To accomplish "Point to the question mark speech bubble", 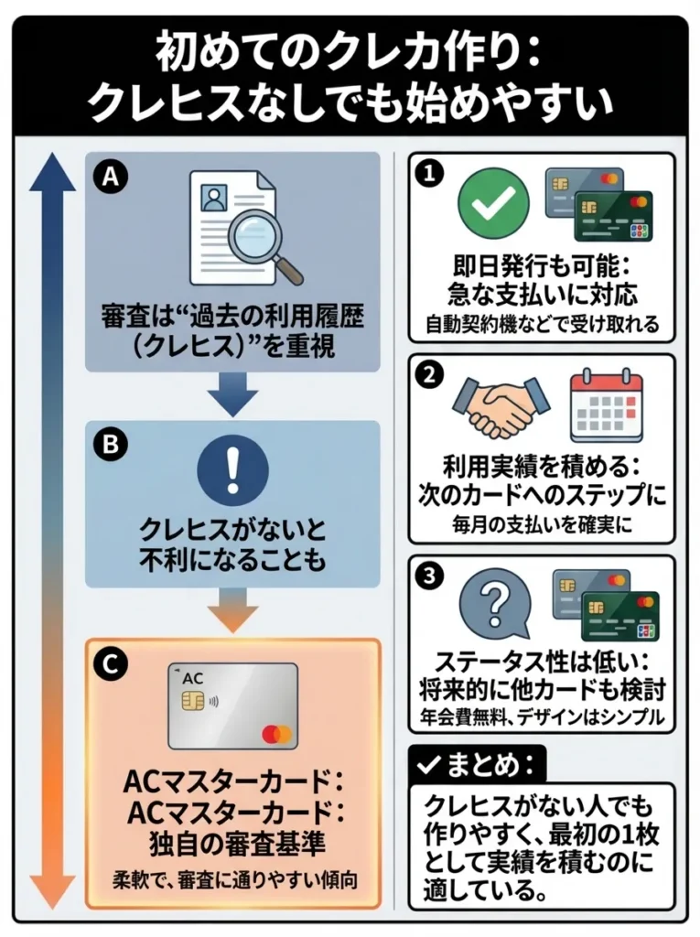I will tap(495, 606).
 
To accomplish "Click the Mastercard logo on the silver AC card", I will tap(275, 733).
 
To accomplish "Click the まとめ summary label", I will tap(476, 763).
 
